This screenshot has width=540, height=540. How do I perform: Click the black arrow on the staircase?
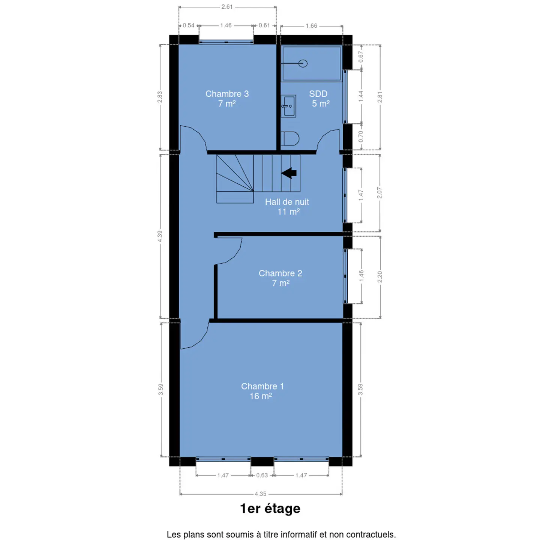coord(289,173)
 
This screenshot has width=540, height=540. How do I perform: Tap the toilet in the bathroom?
coord(290,138)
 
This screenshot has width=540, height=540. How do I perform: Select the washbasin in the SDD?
coord(288,106)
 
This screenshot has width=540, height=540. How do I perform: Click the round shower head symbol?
coord(303,64)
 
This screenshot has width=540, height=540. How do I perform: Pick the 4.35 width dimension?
coord(260,494)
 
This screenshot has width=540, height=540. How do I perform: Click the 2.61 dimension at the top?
coord(227,7)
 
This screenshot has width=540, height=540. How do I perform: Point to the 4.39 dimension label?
coord(160,236)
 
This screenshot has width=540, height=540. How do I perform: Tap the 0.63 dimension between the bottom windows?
coord(262,475)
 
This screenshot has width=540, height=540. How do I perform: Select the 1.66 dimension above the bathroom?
coord(311,26)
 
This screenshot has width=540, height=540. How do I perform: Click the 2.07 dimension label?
coord(379,193)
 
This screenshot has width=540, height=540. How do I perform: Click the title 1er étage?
coord(270,508)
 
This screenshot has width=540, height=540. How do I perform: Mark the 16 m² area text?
coord(261,396)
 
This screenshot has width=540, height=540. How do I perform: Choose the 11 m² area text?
coord(288,211)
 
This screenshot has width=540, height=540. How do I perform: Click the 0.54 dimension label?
coord(189,25)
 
